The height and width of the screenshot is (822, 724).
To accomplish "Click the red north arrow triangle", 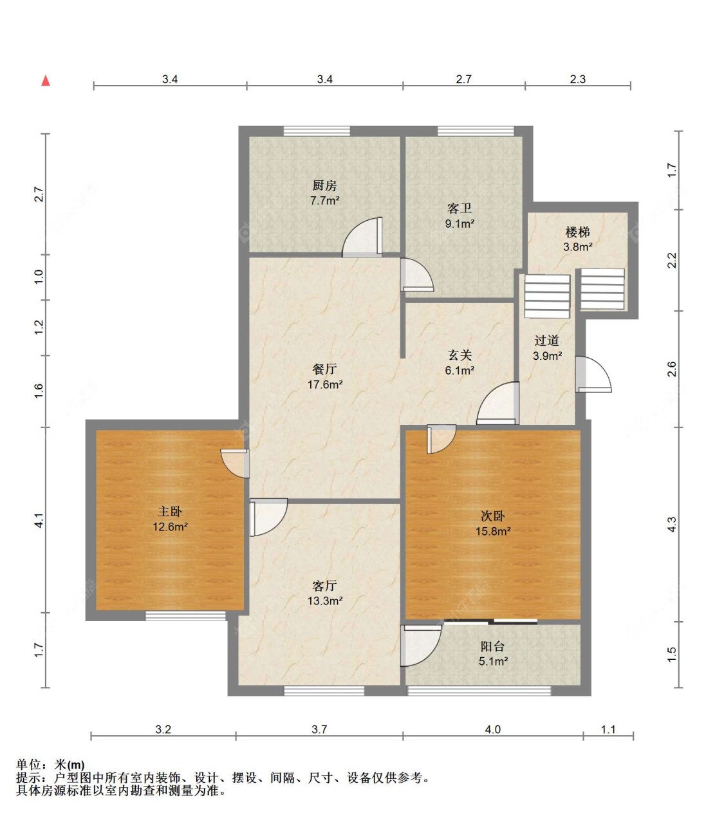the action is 46,80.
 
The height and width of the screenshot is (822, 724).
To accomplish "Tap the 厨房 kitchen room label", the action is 324,185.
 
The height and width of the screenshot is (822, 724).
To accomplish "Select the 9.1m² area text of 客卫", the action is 459,223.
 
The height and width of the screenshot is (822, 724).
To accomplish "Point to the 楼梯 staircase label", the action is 577,232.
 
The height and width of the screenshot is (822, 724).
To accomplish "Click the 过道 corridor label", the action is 547,341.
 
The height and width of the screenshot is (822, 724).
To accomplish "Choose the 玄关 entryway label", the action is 459,355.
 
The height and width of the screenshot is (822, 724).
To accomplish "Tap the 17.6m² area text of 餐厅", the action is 325,384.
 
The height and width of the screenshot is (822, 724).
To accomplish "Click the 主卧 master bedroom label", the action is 169,512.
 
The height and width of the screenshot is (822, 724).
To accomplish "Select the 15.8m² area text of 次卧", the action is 493,531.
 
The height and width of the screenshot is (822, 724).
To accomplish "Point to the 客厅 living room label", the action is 324,586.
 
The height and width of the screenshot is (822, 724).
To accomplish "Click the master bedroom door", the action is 235,463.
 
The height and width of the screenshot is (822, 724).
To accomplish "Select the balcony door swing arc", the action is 431,653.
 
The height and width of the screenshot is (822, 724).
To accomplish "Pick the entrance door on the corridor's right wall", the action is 593,374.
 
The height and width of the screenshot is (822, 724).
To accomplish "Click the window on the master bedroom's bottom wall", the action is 186,615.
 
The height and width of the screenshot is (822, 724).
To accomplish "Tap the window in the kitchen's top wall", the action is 317,131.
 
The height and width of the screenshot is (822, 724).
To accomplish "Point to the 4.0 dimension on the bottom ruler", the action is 493,729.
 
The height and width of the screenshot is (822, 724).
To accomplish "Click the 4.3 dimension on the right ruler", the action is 672,524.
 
